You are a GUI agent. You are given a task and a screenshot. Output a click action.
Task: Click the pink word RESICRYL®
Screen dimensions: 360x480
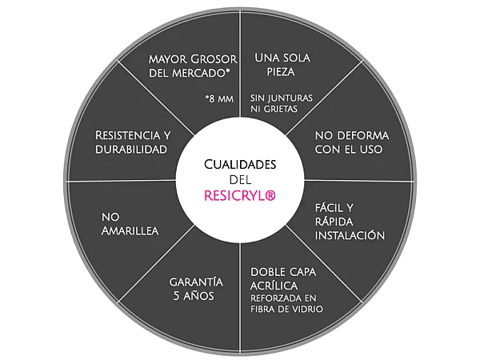(x=240, y=195)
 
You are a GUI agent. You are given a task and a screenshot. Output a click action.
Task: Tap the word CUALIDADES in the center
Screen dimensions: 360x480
(x=240, y=164)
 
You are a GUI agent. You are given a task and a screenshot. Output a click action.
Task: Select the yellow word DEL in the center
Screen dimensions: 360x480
(x=240, y=179)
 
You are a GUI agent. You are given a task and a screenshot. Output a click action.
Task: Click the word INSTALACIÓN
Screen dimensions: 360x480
(x=350, y=236)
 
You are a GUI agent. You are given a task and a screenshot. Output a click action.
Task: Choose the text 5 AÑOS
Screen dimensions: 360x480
(x=195, y=297)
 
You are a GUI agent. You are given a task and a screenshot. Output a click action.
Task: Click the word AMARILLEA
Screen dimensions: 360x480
(x=130, y=230)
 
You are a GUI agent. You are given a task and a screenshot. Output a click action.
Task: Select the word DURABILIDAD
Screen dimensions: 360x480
(x=130, y=150)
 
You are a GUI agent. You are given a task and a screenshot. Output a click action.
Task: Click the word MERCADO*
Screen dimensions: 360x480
(x=202, y=74)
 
